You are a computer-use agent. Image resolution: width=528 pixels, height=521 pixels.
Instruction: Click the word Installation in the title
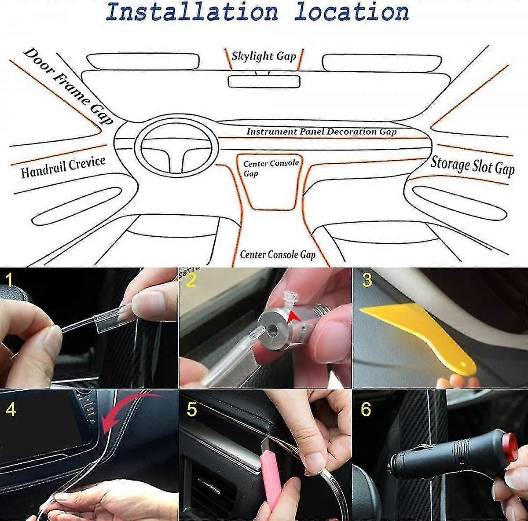pos(192,11)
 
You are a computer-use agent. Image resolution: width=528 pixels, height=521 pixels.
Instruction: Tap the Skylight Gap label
pos(264,56)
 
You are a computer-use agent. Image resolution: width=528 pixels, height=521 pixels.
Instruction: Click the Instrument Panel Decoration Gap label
pos(321,132)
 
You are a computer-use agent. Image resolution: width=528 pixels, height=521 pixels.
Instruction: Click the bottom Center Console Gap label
pos(278,254)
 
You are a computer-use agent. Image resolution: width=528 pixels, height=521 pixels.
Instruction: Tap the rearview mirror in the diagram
pos(264,81)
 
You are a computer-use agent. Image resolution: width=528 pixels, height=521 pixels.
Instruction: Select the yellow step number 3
pos(367,280)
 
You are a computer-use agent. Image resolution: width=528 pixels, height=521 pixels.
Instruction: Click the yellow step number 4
pos(11,409)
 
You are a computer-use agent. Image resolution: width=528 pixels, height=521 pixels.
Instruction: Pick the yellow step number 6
pos(366,409)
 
